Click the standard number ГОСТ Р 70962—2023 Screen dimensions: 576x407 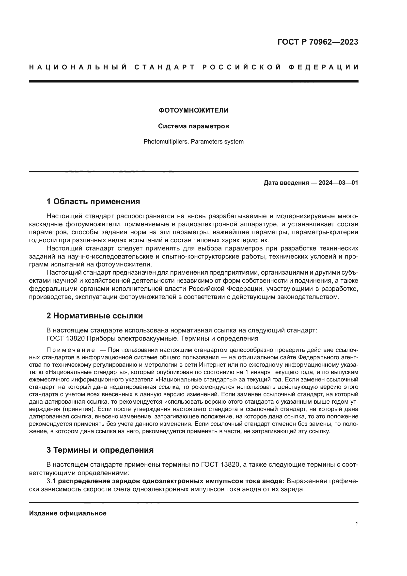tap(318, 42)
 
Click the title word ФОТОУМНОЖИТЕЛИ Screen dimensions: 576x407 tap(193, 110)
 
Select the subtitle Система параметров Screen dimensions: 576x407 tap(193, 126)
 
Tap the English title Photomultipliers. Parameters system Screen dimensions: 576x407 tap(193, 142)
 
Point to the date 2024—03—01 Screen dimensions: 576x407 tap(338, 183)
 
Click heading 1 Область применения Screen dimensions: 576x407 tap(93, 201)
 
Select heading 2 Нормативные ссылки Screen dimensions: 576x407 tap(94, 316)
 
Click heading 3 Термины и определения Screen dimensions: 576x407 tap(100, 450)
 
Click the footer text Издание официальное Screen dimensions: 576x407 tap(68, 513)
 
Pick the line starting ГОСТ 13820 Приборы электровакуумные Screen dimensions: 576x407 tap(152, 338)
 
